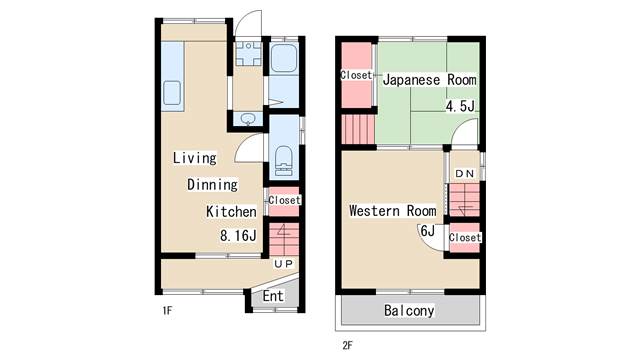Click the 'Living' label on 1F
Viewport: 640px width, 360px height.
pos(194,158)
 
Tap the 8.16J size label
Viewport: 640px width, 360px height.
pos(238,236)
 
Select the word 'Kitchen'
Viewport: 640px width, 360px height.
pos(231,211)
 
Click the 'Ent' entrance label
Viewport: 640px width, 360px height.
pos(273,296)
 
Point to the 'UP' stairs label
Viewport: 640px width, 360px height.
pos(283,264)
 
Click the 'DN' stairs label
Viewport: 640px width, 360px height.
pos(464,174)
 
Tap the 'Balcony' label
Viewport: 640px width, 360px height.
pos(409,311)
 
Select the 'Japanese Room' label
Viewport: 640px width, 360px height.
pos(429,80)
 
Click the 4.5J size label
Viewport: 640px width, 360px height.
pos(460,106)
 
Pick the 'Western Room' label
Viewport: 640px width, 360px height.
pos(393,211)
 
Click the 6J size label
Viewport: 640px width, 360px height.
pos(427,231)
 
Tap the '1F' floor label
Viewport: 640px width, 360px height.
pos(167,311)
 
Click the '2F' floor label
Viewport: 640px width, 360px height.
pos(347,346)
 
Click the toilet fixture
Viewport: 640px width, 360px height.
pos(284,161)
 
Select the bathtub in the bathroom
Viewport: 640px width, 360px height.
pos(284,58)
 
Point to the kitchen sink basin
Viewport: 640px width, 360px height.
pos(172,93)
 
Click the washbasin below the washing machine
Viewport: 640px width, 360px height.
pos(247,119)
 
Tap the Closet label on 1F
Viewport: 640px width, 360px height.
pos(284,200)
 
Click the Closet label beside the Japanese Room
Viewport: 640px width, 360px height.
pos(356,75)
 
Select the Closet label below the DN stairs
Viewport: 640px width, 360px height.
pos(465,237)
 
